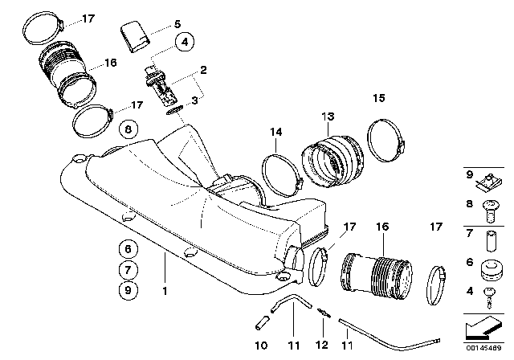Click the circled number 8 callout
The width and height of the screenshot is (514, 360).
pos(127,128)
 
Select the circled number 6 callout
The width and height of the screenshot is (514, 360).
pos(127,248)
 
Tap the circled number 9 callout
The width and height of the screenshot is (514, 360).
pos(127,288)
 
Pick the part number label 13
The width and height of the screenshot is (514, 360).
pos(328,117)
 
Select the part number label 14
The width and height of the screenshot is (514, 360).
pos(276,132)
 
